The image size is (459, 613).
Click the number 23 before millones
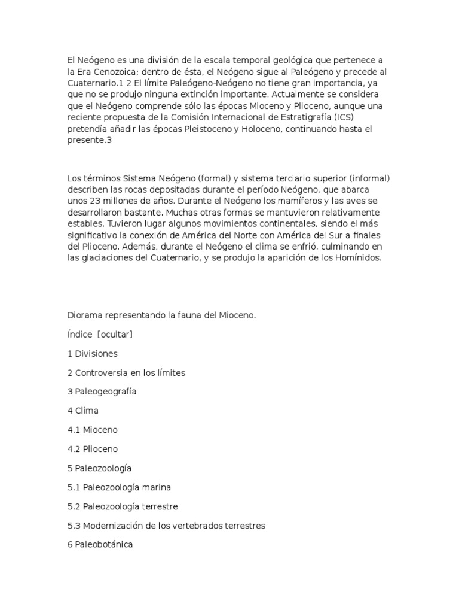(96, 201)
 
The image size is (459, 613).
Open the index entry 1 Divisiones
(93, 354)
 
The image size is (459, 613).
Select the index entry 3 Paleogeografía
(102, 392)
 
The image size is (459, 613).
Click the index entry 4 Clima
(83, 411)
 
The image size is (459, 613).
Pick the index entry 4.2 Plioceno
(93, 449)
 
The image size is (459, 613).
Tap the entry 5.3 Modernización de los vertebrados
(166, 526)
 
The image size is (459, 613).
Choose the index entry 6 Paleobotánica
(100, 545)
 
